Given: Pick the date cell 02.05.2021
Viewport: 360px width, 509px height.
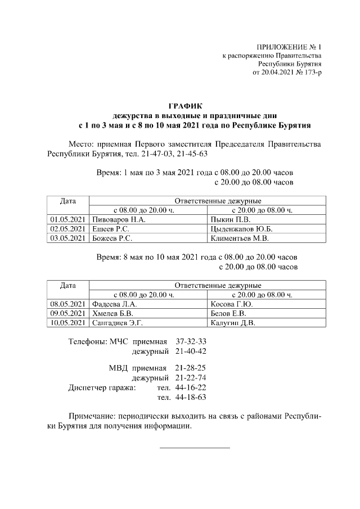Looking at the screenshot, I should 67,229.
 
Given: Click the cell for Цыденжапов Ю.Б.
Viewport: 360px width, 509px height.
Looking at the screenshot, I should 241,229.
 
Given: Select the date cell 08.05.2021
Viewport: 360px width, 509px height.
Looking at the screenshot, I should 67,304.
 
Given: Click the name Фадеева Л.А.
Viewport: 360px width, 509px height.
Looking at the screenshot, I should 115,304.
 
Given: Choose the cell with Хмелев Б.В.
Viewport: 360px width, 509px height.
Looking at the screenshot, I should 113,313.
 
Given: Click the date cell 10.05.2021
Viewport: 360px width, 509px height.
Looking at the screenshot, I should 67,323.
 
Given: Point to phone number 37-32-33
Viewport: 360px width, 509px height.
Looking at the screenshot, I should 191,341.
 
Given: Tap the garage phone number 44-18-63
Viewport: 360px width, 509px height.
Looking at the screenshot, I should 191,397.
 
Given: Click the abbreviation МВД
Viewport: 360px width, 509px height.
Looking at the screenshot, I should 118,368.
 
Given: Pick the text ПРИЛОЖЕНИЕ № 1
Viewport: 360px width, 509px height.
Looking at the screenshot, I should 288,47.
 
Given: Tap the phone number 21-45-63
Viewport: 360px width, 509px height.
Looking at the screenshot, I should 192,154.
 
